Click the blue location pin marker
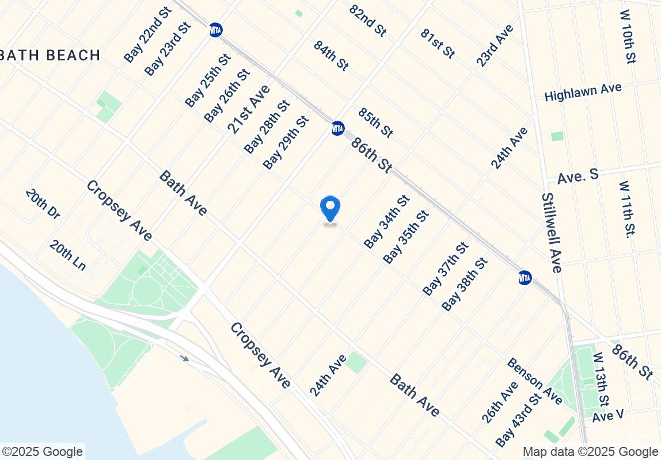point(330,208)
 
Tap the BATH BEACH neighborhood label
point(51,55)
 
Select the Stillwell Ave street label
point(551,232)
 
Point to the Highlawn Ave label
point(583,92)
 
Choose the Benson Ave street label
point(534,380)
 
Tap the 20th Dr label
point(43,204)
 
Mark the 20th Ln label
point(67,255)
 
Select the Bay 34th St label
point(386,222)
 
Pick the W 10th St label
point(628,36)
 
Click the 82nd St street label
point(368,21)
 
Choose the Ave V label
point(607,416)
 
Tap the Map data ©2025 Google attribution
point(590,452)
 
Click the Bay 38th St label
point(465,284)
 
